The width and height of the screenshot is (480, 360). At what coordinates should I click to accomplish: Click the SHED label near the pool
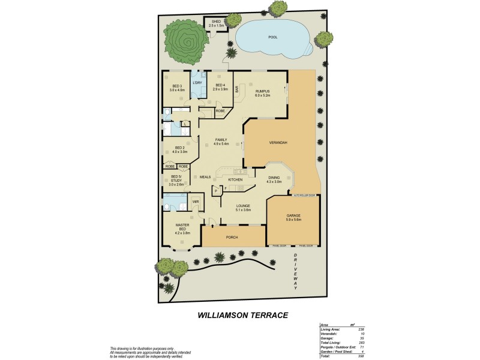216,22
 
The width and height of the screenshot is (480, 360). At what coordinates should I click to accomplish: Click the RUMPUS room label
262,91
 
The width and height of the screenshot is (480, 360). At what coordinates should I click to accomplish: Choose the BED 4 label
220,85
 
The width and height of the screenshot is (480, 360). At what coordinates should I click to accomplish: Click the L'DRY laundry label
197,82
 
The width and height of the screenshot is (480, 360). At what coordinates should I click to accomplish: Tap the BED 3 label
176,86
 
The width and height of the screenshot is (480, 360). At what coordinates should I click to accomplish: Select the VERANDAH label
279,142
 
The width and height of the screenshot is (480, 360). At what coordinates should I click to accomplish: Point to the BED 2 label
179,148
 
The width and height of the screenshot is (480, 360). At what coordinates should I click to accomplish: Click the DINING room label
274,177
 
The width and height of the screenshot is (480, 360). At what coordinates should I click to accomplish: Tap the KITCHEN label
235,179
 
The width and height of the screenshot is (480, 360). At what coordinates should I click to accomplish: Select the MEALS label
205,177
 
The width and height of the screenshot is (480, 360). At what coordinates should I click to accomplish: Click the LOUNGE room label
235,206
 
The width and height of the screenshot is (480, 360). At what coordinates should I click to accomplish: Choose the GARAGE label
293,215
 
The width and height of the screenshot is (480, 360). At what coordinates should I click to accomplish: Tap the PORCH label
232,238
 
